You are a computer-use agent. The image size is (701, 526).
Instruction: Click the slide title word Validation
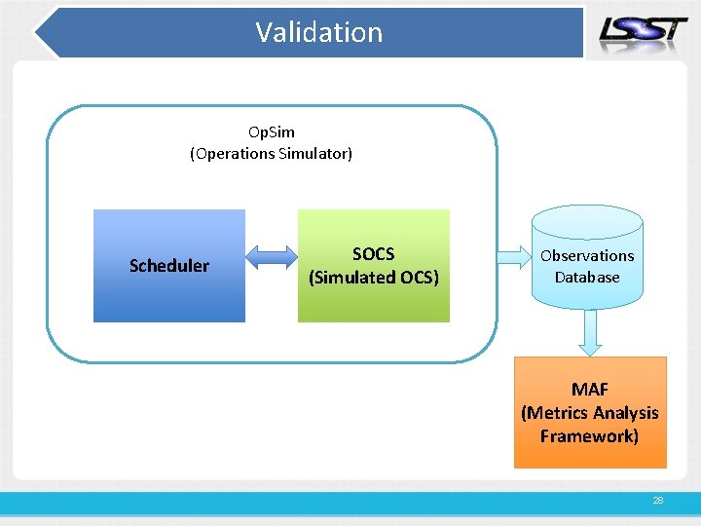[x=319, y=32]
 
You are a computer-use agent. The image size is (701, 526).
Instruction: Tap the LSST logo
[x=643, y=30]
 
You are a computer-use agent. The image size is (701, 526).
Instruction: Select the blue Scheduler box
[x=168, y=292]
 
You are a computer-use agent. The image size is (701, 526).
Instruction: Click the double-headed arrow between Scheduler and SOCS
[x=272, y=257]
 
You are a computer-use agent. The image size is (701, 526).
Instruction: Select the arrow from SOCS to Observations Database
[x=511, y=257]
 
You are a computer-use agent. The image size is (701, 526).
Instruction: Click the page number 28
[x=658, y=500]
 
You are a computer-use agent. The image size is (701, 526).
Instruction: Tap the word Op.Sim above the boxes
[x=271, y=131]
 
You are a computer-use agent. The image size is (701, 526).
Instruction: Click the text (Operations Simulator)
[x=271, y=153]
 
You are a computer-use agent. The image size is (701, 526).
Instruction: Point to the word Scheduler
[x=169, y=266]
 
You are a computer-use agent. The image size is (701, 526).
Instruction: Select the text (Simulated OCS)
[x=374, y=278]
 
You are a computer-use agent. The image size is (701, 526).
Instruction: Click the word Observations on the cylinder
[x=587, y=255]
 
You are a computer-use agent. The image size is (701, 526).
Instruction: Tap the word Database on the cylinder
[x=587, y=277]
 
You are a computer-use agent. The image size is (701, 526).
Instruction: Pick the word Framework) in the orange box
[x=590, y=435]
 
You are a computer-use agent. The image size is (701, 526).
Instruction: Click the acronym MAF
[x=590, y=390]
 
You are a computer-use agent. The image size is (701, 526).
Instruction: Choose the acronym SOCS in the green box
[x=374, y=254]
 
